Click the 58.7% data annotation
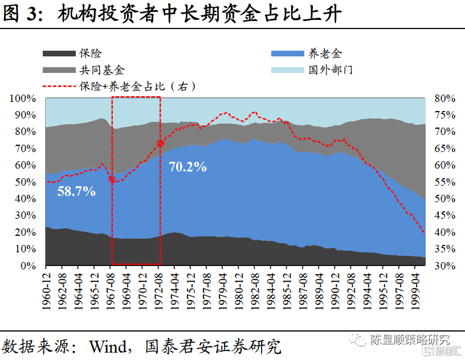point(76,191)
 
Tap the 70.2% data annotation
point(187,167)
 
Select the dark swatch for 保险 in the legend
point(59,54)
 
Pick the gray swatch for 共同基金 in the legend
point(59,70)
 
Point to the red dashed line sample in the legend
point(59,87)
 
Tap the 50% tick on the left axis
point(25,182)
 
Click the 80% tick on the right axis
point(444,99)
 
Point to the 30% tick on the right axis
point(444,266)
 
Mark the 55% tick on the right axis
point(444,182)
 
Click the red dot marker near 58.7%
point(112,180)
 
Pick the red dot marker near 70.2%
point(160,143)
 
